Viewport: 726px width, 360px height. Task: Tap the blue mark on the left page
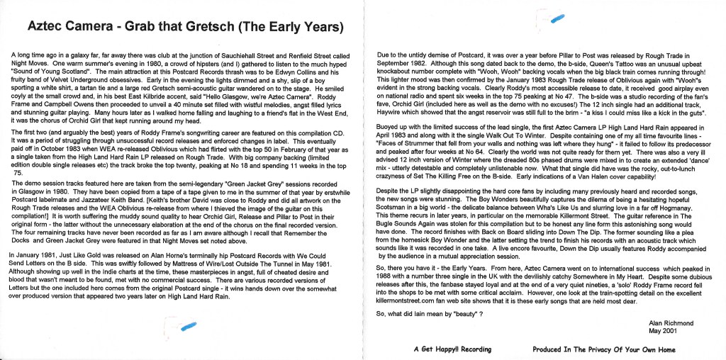click(187, 325)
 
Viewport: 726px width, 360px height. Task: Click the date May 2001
click(663, 330)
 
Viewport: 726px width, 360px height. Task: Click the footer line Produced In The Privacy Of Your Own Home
click(604, 349)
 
